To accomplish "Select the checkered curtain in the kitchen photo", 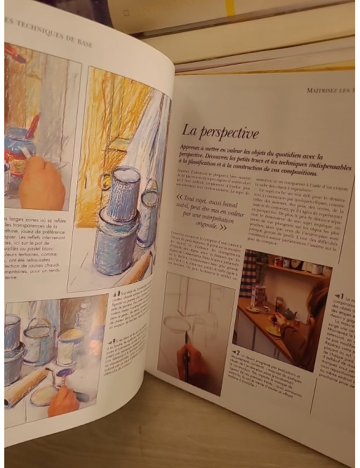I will tap(250, 274).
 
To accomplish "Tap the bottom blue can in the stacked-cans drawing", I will tap(114, 245).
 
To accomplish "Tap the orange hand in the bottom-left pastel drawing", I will tap(65, 400).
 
